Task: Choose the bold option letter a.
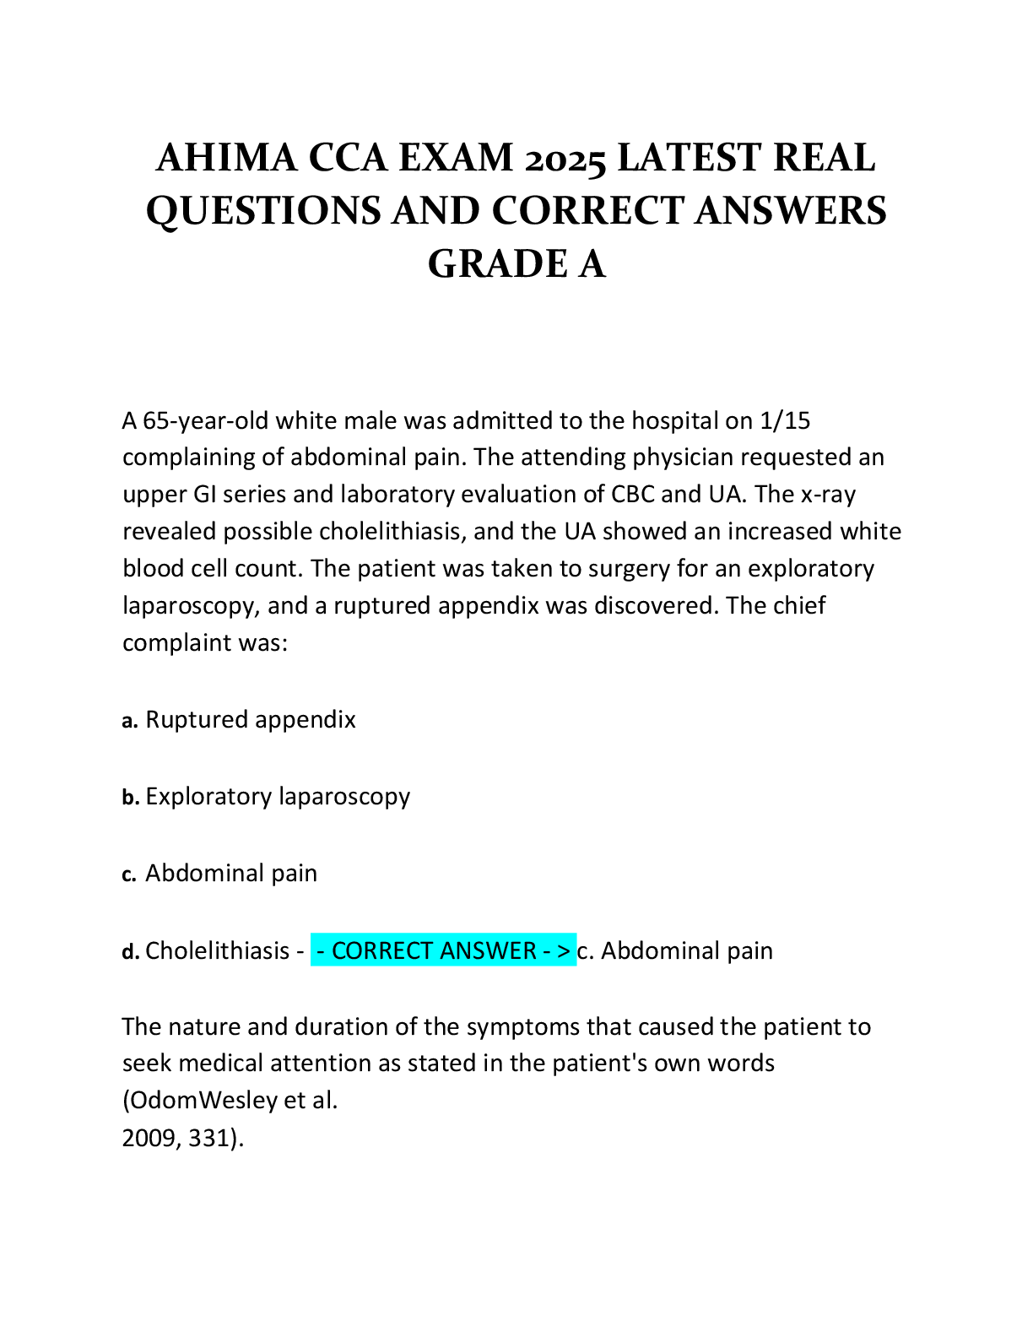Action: (130, 721)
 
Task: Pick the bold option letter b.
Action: (131, 798)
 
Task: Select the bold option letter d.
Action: (131, 952)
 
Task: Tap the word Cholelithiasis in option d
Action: (217, 951)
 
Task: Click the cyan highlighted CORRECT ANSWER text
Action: (444, 951)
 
